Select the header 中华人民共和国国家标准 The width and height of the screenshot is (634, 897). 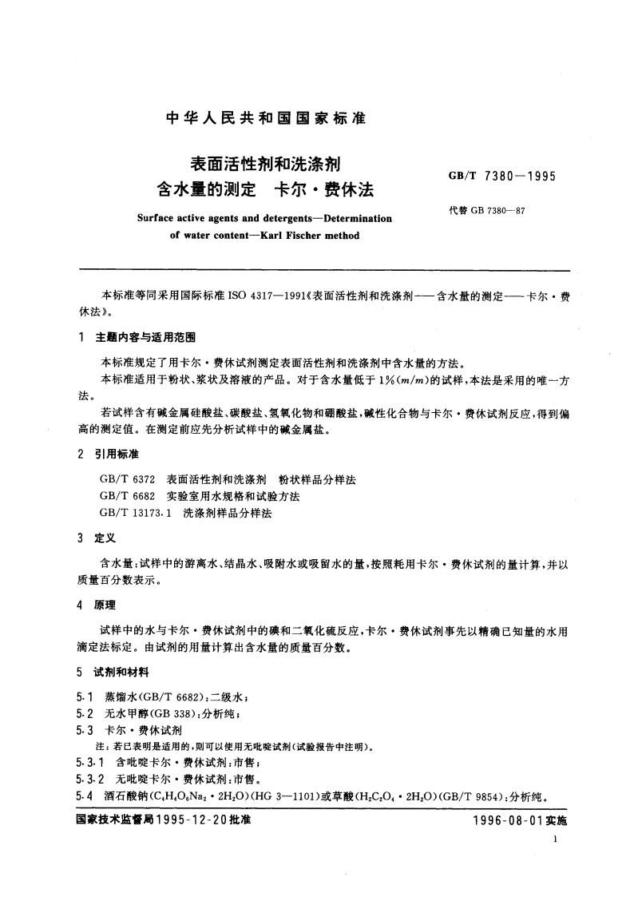(264, 118)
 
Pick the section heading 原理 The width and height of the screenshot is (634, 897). (106, 605)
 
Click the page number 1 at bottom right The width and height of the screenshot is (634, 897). (554, 840)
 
